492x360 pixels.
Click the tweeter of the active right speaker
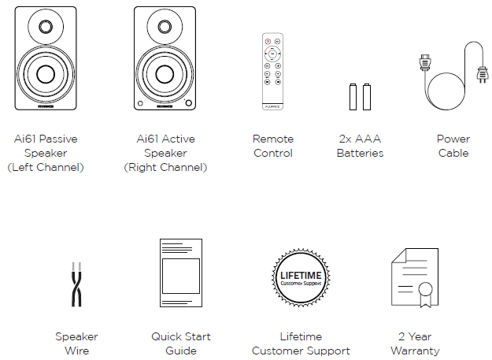point(165,27)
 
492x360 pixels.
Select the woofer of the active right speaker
point(165,75)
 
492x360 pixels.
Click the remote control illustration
point(272,70)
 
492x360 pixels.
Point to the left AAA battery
point(353,96)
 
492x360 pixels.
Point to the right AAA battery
point(367,96)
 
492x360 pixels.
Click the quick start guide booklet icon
point(181,273)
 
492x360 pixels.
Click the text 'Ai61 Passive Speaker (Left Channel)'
point(46,153)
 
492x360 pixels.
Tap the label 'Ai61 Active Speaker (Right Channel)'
point(165,153)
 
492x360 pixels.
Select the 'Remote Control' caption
point(273,146)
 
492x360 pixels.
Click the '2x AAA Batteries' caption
point(360,146)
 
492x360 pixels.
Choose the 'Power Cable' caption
point(453,146)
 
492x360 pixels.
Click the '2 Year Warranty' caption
point(414,343)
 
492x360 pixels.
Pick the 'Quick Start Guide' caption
point(181,343)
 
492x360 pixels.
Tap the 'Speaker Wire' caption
point(76,343)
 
